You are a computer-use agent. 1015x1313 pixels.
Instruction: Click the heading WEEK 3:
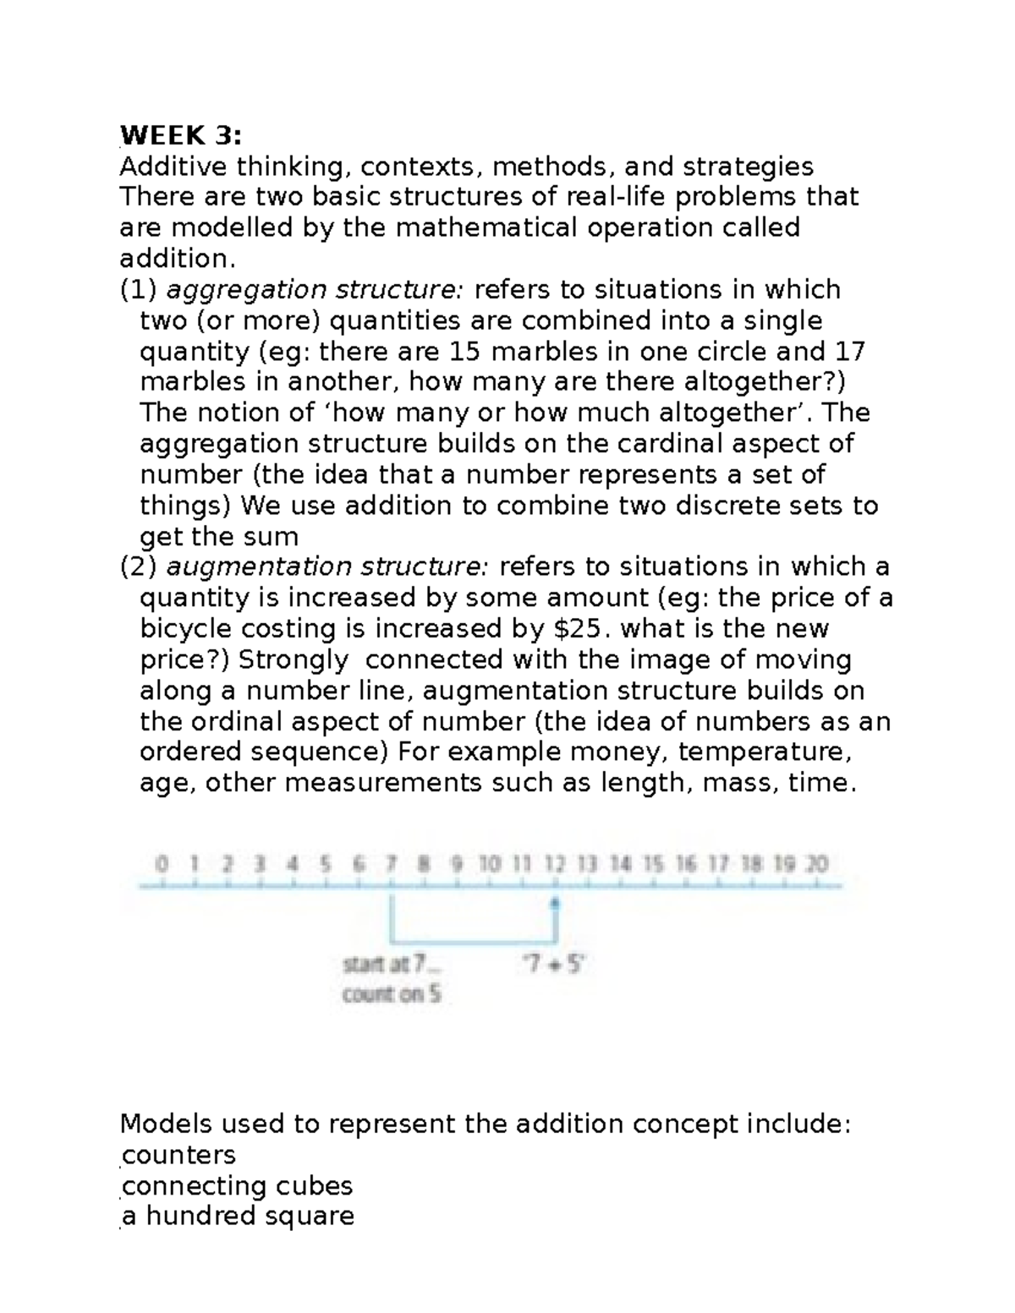[x=180, y=134]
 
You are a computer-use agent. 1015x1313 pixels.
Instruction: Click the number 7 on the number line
[x=391, y=864]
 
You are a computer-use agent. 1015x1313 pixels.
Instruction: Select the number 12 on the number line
[x=554, y=864]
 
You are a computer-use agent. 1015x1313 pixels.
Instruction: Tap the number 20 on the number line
[x=816, y=864]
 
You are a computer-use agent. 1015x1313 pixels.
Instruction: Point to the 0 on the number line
[x=162, y=864]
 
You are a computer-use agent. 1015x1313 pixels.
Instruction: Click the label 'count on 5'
[x=391, y=994]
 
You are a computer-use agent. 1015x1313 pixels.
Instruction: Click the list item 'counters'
[x=178, y=1155]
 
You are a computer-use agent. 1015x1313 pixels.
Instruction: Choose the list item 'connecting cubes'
[x=237, y=1185]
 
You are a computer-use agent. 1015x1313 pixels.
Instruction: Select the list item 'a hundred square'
[x=238, y=1216]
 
